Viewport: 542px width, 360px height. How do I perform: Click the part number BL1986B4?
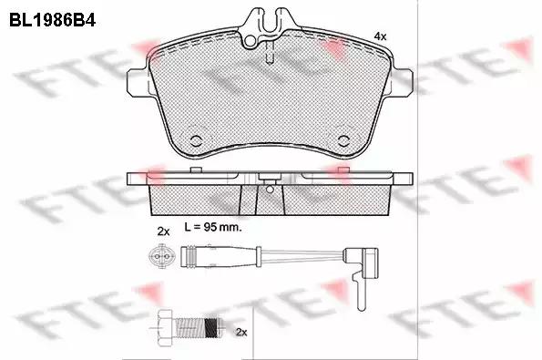point(52,20)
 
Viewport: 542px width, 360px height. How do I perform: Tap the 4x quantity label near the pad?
point(381,36)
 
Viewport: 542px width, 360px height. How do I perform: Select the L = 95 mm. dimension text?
point(213,227)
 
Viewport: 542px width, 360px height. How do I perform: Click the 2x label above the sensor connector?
point(163,231)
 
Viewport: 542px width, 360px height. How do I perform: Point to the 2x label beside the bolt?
point(241,333)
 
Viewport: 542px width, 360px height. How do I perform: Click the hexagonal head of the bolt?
point(165,327)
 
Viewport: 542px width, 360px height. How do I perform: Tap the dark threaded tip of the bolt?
point(212,327)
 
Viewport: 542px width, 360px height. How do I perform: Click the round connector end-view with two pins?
point(159,256)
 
